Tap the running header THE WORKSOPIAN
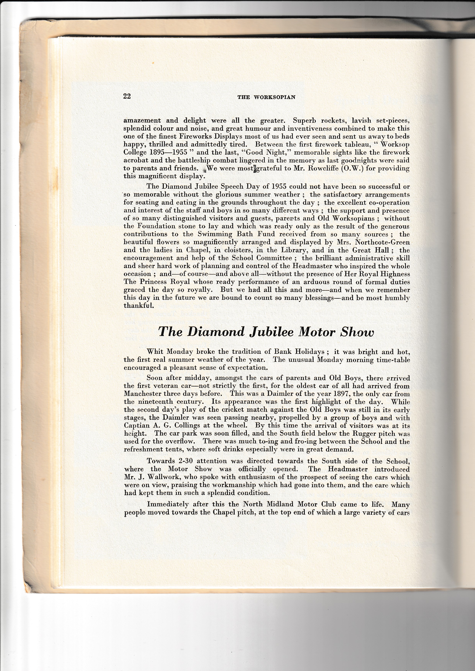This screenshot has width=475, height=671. tap(266, 97)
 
